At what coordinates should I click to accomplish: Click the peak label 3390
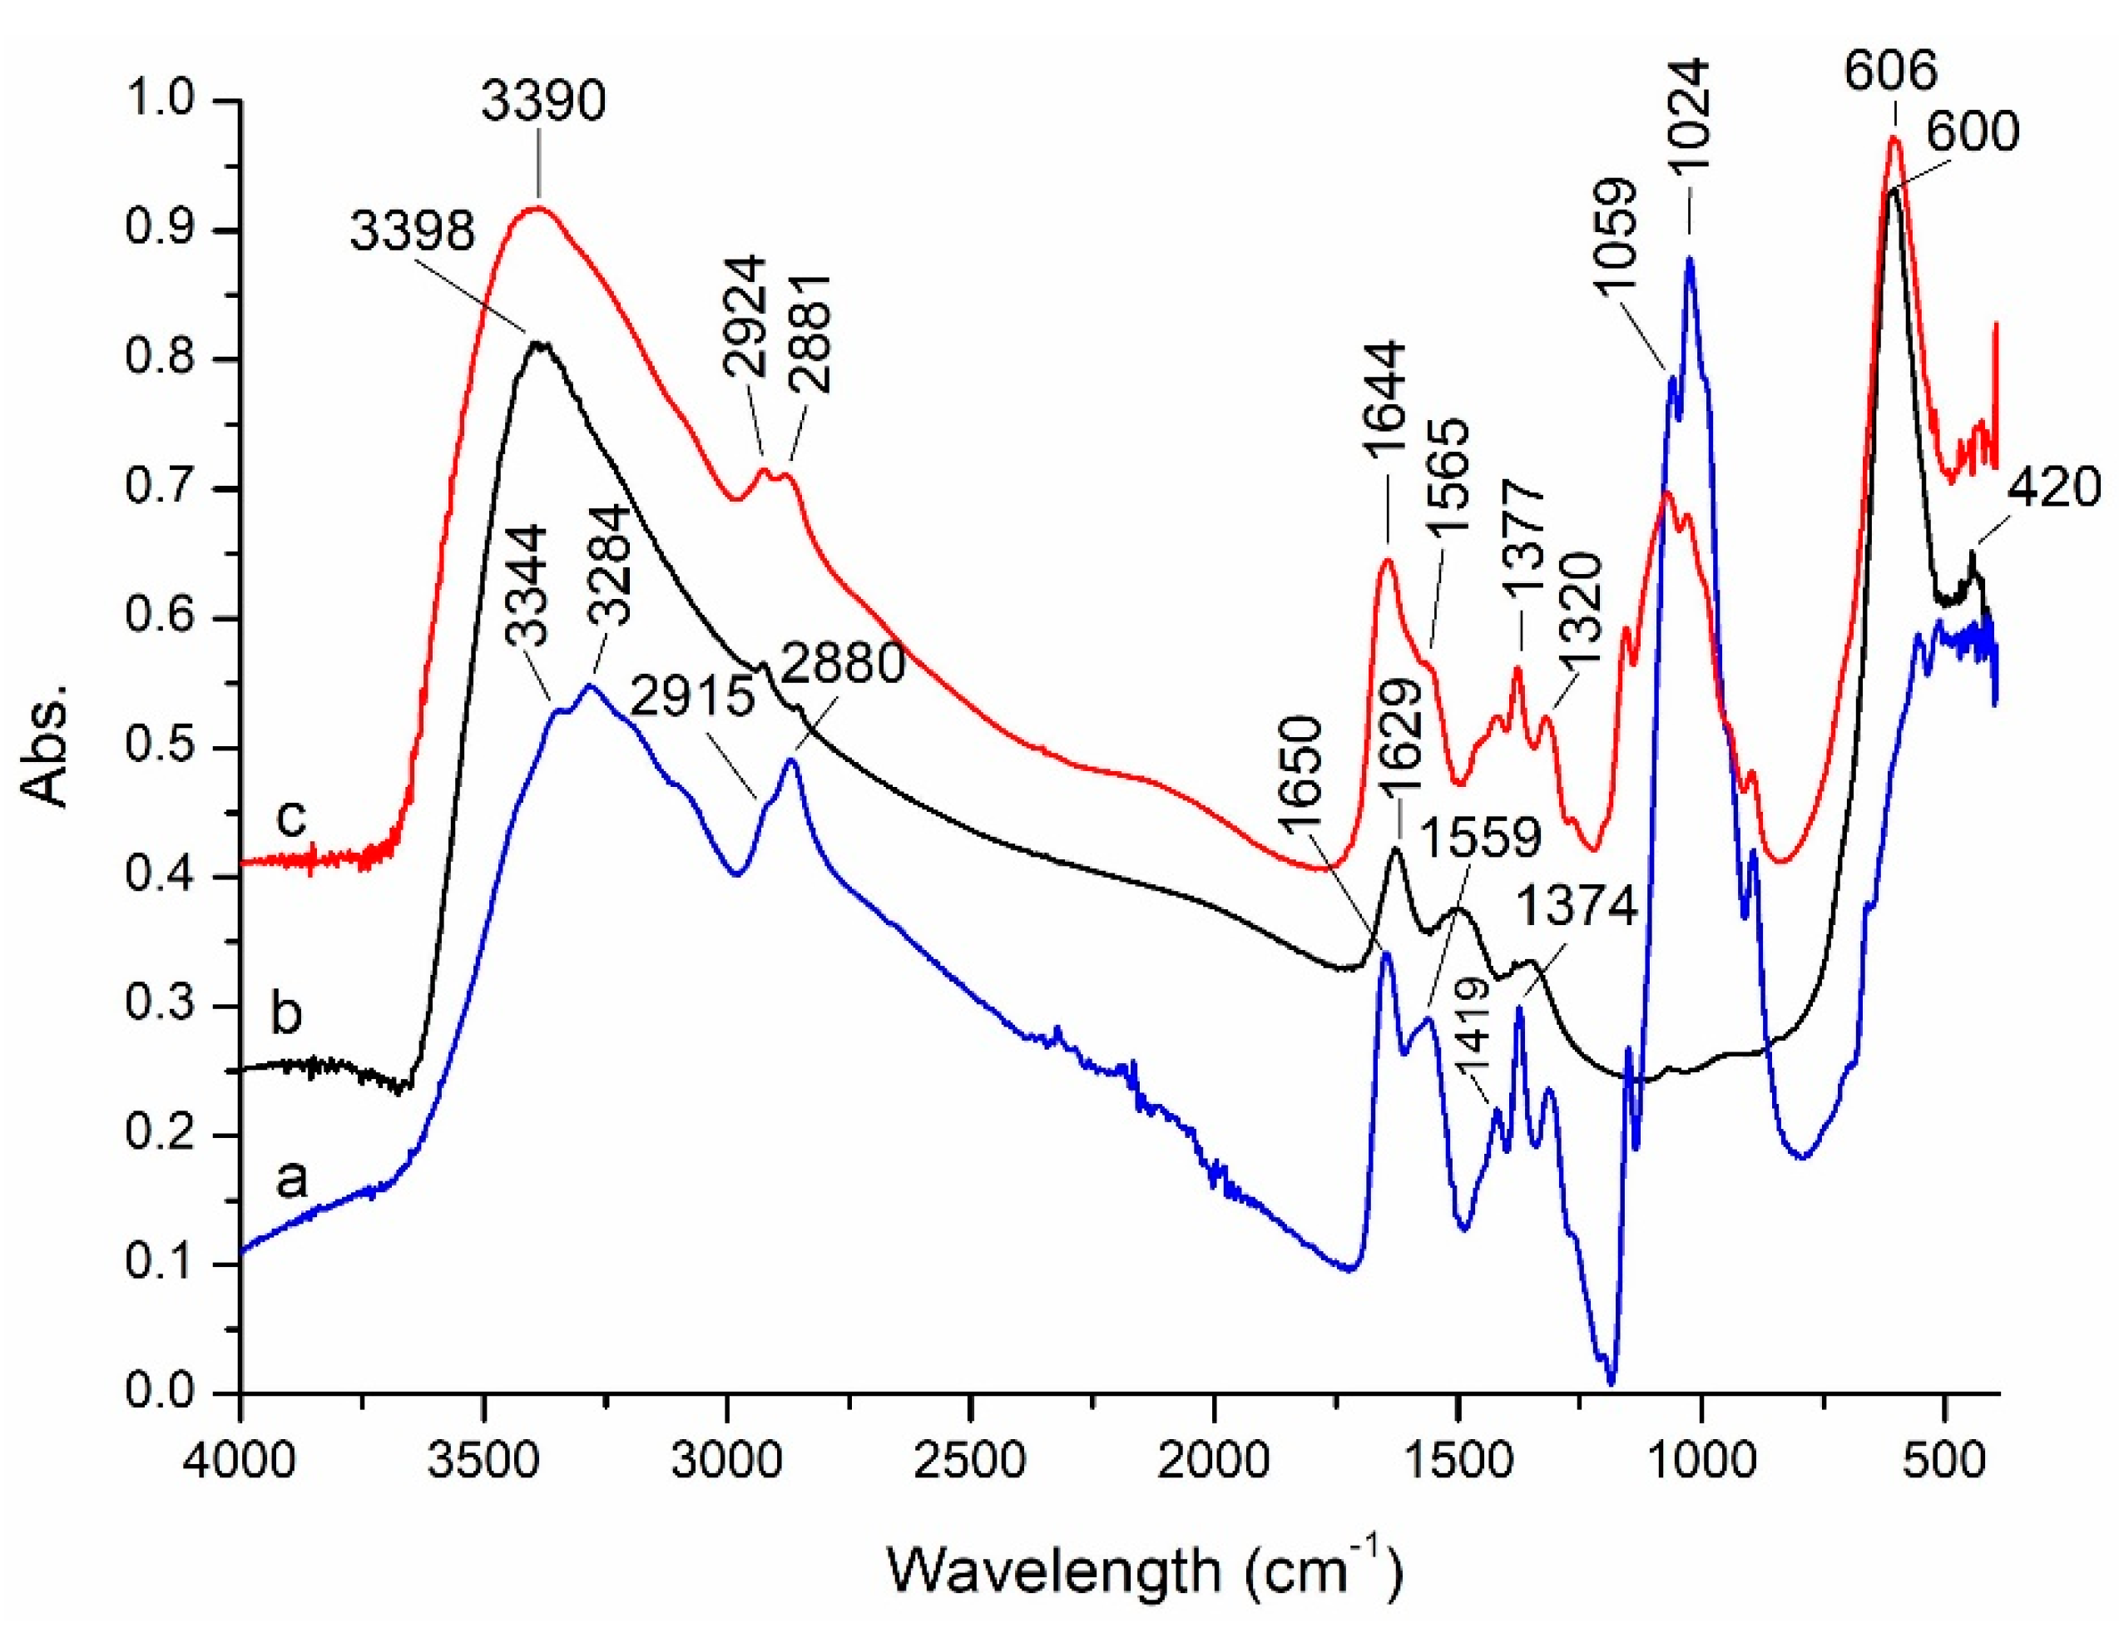[x=543, y=101]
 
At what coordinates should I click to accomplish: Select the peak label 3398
[x=413, y=233]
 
